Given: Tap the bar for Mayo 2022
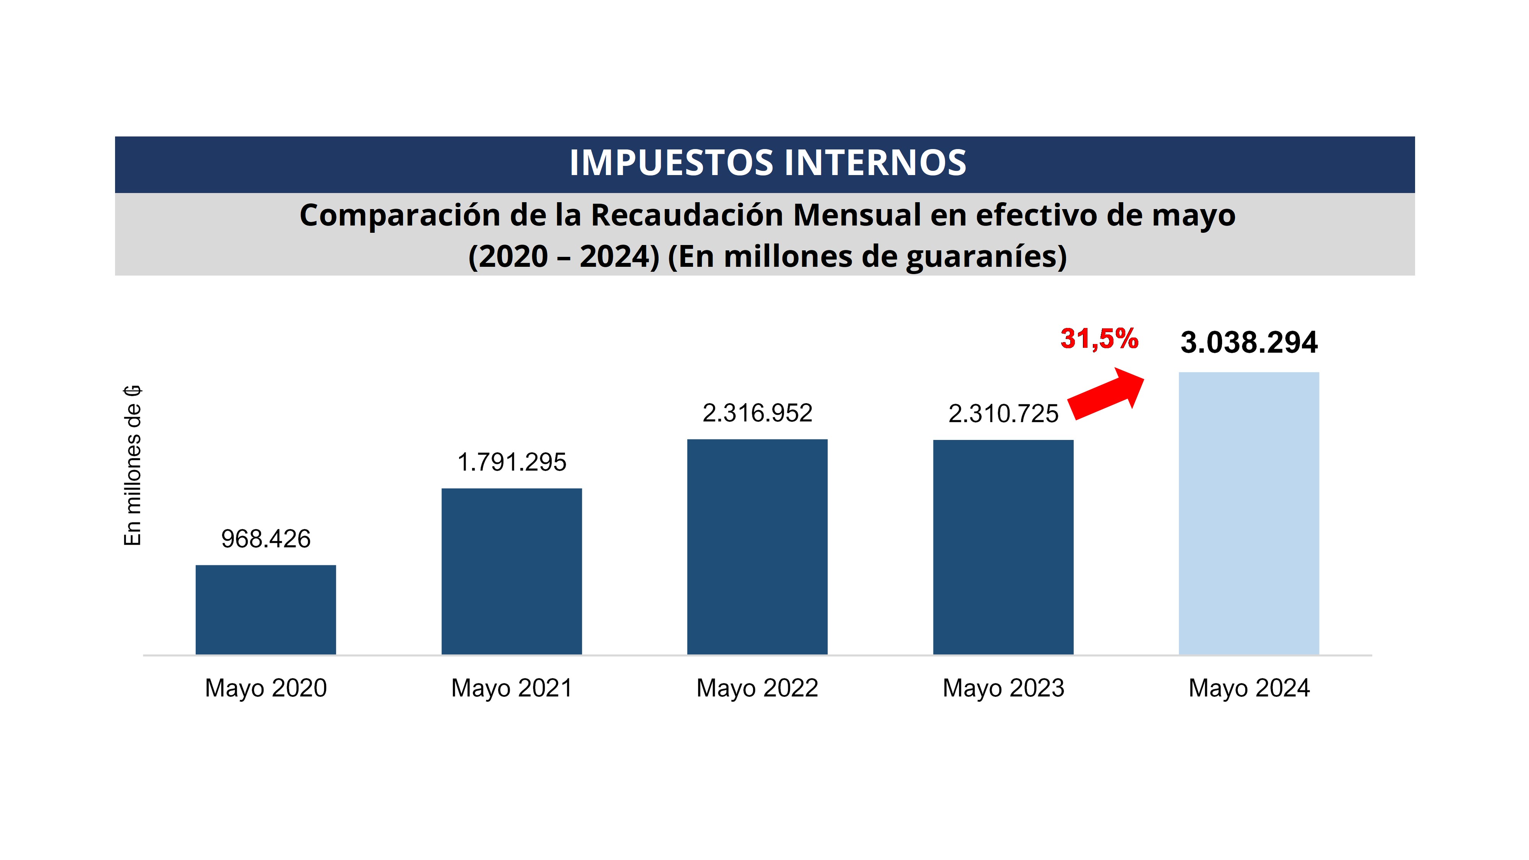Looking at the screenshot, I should click(x=757, y=547).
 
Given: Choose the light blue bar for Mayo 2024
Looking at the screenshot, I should click(x=1248, y=513).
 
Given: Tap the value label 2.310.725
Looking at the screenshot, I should click(x=1003, y=414).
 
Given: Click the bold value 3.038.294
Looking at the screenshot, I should click(x=1248, y=342).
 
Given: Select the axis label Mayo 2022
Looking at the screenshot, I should click(x=757, y=688).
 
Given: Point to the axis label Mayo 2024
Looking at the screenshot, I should click(x=1248, y=688).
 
